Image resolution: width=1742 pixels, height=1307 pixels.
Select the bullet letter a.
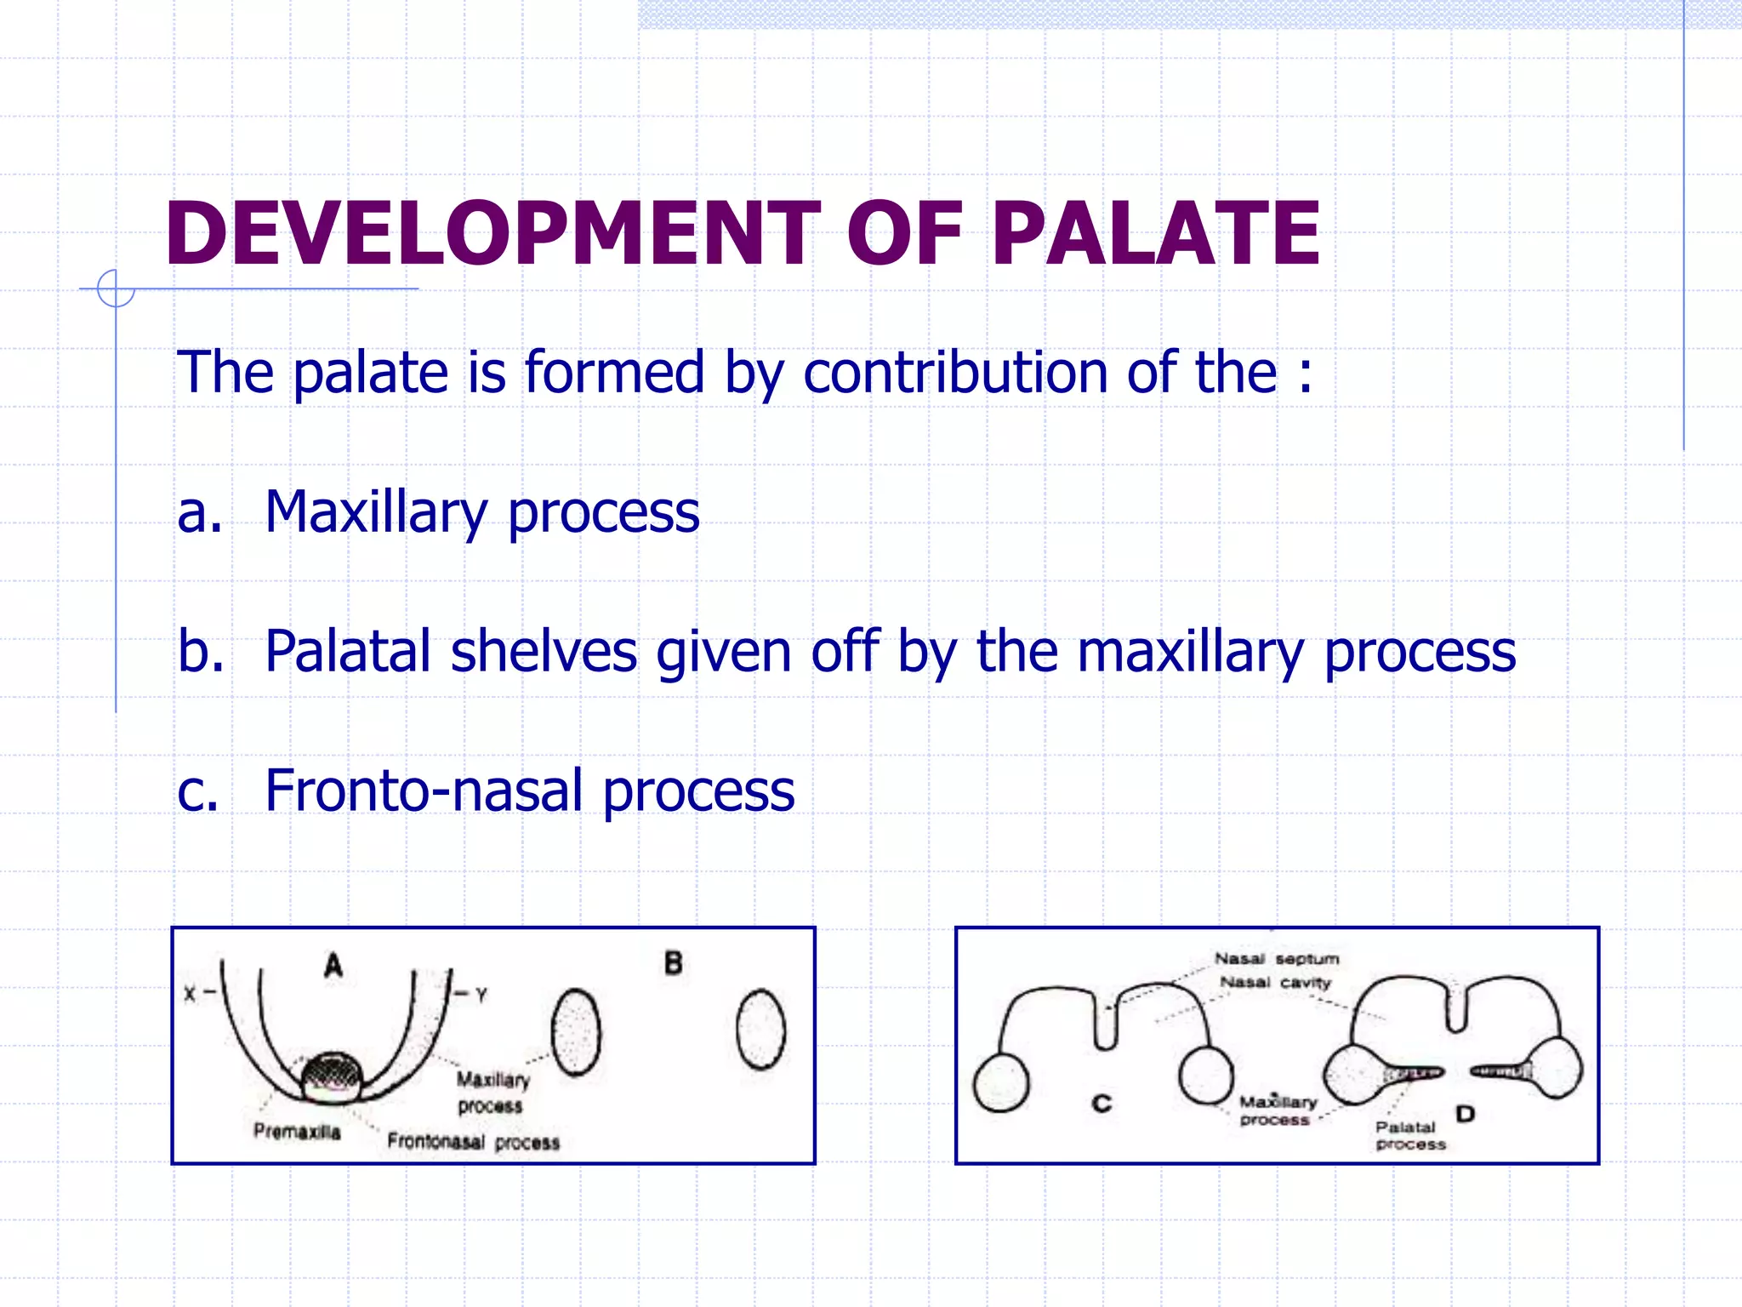click(199, 513)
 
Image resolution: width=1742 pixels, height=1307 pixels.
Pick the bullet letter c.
click(197, 791)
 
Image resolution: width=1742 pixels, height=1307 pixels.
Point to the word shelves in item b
click(544, 652)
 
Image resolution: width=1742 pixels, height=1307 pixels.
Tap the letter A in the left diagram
click(333, 966)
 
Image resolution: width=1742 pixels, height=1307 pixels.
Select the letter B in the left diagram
click(673, 964)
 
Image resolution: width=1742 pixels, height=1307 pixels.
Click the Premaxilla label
click(297, 1132)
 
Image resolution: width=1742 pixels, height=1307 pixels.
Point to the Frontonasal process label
click(473, 1142)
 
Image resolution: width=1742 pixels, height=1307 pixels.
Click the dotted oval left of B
click(576, 1032)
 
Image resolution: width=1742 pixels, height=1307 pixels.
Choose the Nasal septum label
click(1276, 959)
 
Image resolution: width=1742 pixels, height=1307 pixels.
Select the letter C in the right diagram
click(1102, 1104)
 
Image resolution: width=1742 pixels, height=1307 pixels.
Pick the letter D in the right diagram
click(1465, 1114)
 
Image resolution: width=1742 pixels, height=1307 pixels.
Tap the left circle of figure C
click(1001, 1083)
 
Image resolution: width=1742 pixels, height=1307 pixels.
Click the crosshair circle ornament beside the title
click(116, 288)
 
